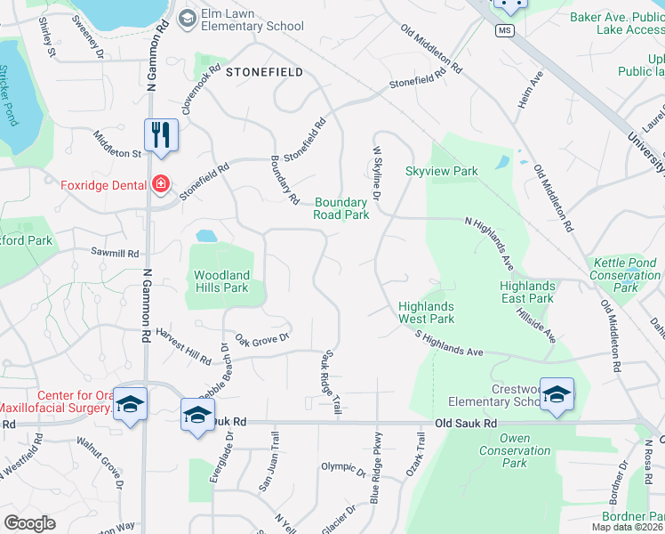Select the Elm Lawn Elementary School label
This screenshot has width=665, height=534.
(x=252, y=20)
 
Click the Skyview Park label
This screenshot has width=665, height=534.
(x=442, y=171)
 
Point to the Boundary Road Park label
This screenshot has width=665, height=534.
(x=341, y=208)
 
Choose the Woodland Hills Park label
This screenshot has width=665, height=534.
(x=221, y=281)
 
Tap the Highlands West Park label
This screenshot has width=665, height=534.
(x=426, y=312)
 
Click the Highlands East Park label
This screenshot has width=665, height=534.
(x=526, y=292)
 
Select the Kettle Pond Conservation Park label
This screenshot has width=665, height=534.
(x=626, y=275)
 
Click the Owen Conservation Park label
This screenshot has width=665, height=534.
(x=515, y=450)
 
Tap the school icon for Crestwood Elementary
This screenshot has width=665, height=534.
(x=557, y=395)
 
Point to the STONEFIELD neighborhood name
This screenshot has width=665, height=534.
(x=264, y=71)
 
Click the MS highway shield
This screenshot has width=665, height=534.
(x=506, y=30)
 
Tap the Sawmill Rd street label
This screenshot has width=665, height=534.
(x=116, y=254)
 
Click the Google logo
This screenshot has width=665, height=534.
(x=29, y=523)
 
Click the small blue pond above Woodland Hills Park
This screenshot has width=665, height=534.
(x=206, y=236)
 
